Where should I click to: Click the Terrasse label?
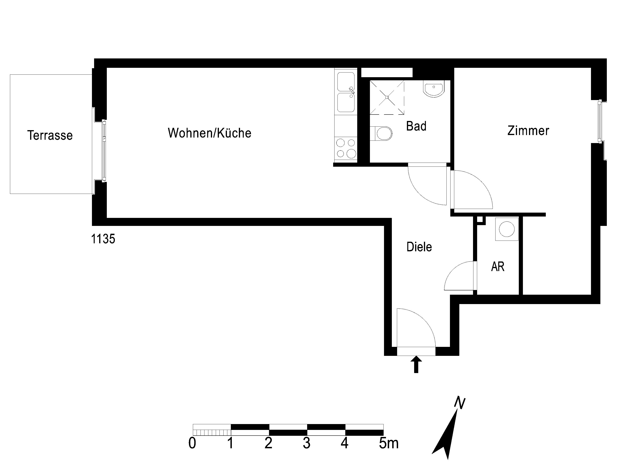pos(50,135)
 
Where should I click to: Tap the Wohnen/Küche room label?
pos(210,133)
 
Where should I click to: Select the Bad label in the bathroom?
pos(416,126)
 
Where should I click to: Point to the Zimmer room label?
pos(528,131)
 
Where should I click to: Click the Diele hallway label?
pos(419,247)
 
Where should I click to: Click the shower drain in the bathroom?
pos(387,97)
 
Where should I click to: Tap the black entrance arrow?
pos(416,364)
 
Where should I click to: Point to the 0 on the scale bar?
pos(192,443)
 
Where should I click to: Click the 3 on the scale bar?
pos(307,443)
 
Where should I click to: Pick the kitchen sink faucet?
pos(352,91)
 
